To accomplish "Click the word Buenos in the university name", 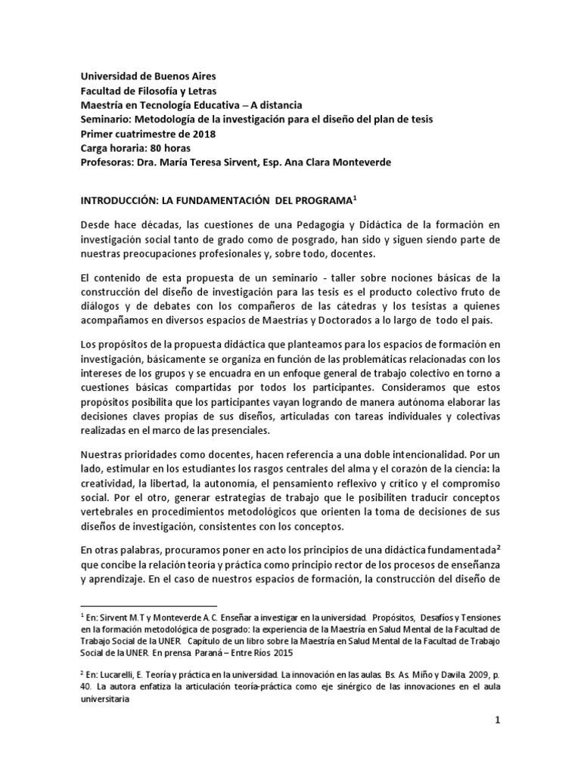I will click(x=165, y=77).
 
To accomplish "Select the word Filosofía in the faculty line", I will click(x=157, y=91).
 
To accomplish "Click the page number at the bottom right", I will click(x=498, y=743).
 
